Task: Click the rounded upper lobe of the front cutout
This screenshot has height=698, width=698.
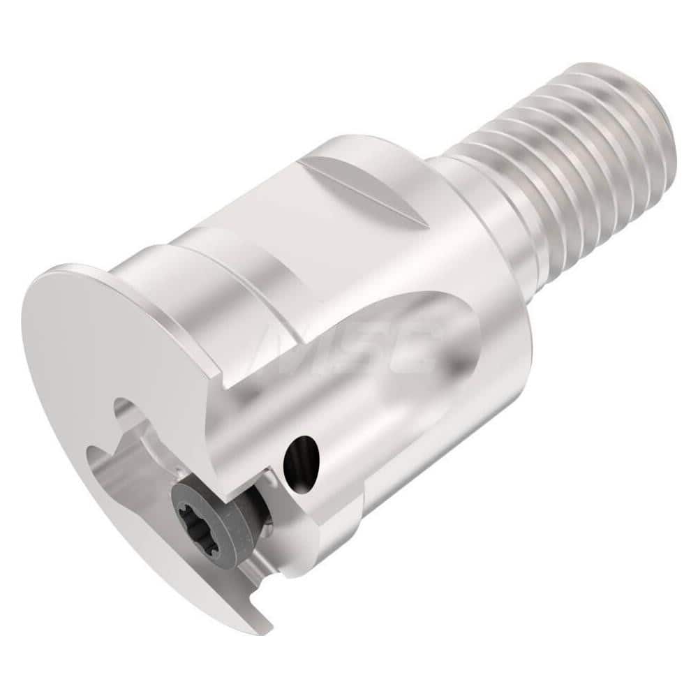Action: tap(129, 412)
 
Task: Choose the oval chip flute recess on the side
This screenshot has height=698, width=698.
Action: tap(419, 363)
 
